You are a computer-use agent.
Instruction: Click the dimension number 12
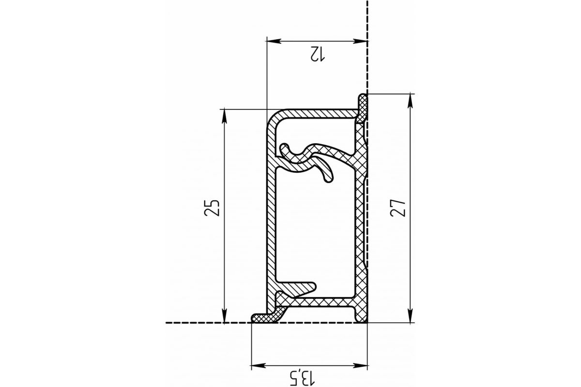[x=317, y=54]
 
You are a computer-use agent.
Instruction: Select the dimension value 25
[x=212, y=208]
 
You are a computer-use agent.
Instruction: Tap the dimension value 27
[x=398, y=208]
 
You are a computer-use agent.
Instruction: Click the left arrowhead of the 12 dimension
[x=274, y=41]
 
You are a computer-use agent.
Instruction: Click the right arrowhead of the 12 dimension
[x=360, y=41]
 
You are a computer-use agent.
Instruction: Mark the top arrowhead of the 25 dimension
[x=225, y=117]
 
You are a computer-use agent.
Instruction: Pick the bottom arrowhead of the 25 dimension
[x=225, y=316]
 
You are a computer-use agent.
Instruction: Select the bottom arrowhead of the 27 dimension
[x=410, y=316]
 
